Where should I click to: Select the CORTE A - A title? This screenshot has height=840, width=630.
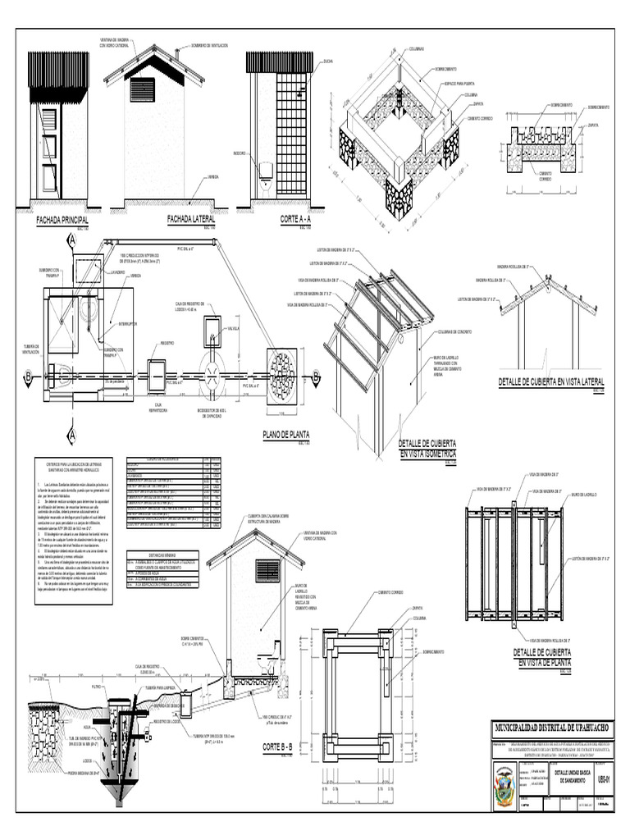click(x=278, y=220)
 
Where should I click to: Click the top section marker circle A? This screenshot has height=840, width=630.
click(x=71, y=240)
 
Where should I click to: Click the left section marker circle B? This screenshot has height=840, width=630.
click(x=30, y=377)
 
